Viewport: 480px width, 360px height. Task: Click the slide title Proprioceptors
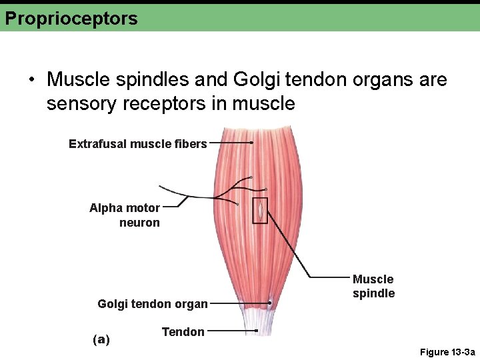pyautogui.click(x=71, y=18)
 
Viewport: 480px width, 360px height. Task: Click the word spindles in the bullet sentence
pyautogui.click(x=148, y=81)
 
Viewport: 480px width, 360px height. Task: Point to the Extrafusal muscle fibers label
pyautogui.click(x=138, y=143)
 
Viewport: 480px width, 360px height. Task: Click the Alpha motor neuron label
pyautogui.click(x=125, y=215)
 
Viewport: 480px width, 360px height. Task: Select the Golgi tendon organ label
pyautogui.click(x=153, y=304)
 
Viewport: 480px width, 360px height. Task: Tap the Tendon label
pyautogui.click(x=183, y=331)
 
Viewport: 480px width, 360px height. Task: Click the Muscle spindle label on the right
pyautogui.click(x=373, y=286)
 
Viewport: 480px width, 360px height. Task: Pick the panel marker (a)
pyautogui.click(x=101, y=339)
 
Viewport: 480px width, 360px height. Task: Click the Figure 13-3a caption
pyautogui.click(x=447, y=352)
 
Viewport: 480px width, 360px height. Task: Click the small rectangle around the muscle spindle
pyautogui.click(x=260, y=211)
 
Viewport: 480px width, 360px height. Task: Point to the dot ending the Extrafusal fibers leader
pyautogui.click(x=251, y=143)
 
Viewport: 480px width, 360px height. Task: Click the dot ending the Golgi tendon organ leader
pyautogui.click(x=269, y=303)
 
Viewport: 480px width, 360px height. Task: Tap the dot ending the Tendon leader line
pyautogui.click(x=257, y=330)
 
